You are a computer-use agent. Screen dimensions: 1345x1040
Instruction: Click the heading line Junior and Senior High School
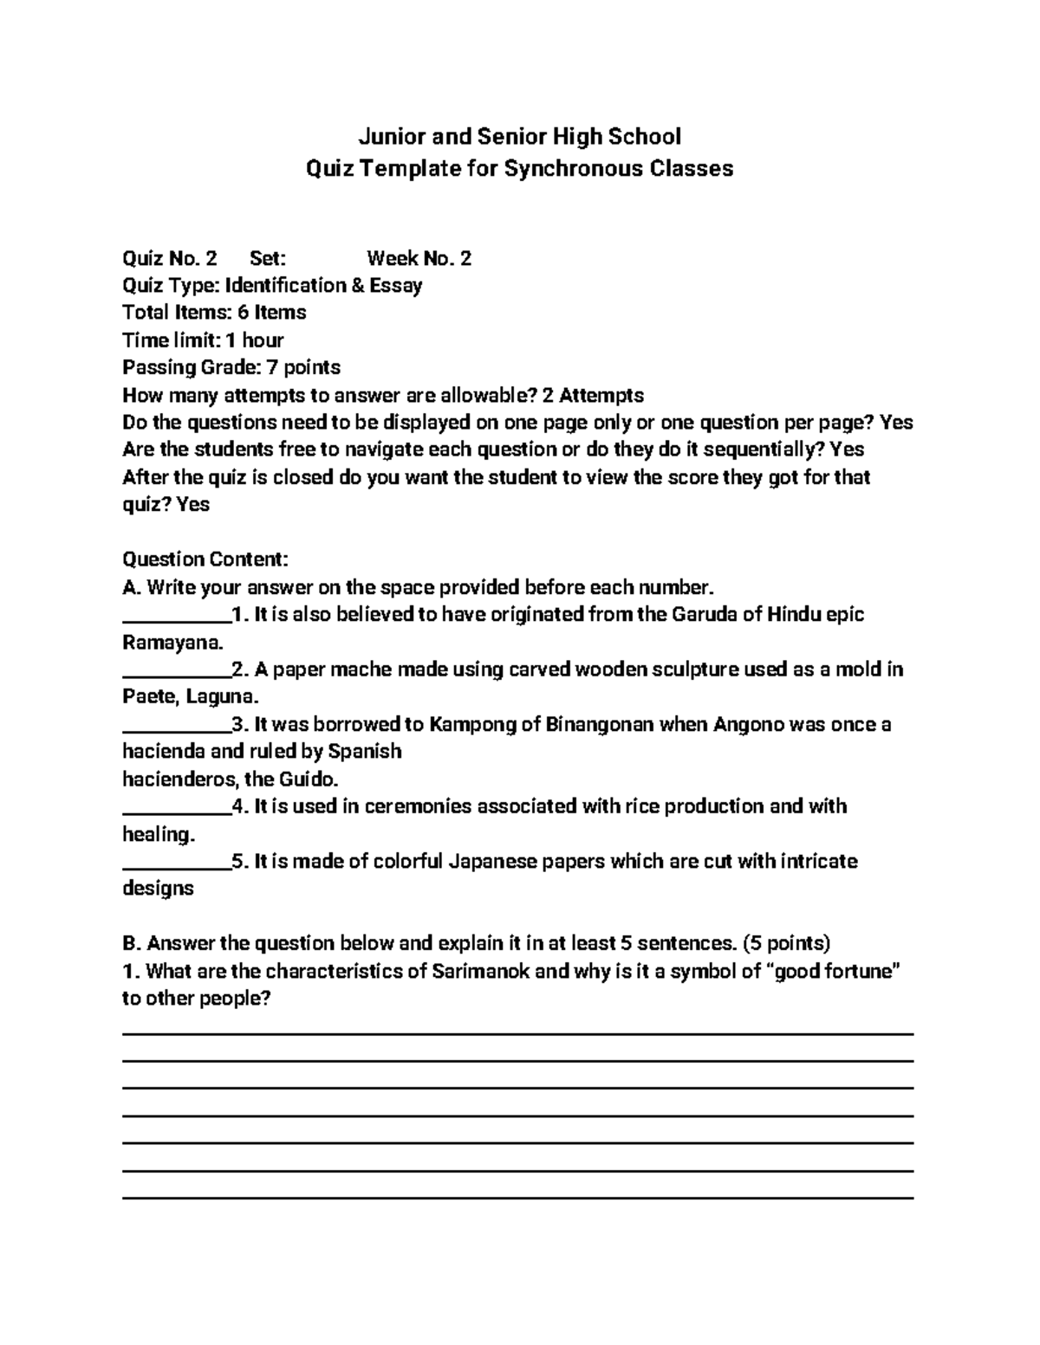click(x=520, y=136)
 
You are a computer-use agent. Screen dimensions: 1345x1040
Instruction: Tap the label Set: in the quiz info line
click(x=267, y=258)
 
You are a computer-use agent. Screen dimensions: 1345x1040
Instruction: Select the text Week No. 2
click(x=419, y=258)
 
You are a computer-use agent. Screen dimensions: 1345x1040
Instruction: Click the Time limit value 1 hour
click(x=254, y=339)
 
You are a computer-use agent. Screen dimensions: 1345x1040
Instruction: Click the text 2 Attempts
click(x=593, y=395)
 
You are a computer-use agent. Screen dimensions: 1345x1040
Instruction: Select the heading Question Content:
click(x=199, y=559)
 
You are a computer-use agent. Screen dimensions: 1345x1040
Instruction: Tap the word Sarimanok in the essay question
click(x=480, y=971)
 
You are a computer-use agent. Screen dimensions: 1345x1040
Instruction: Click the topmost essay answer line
click(x=517, y=1033)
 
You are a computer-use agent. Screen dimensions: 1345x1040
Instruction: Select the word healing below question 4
click(x=157, y=834)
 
